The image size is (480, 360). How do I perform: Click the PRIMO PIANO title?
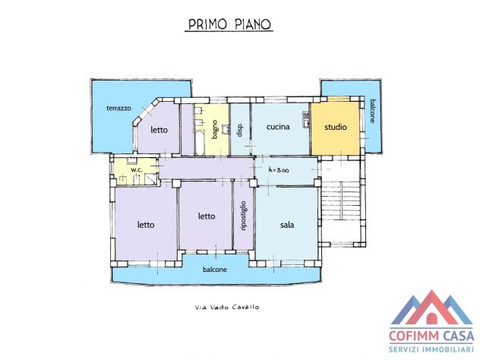229,24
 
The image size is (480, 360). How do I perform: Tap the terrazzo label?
118,108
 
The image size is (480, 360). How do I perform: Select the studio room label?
336,127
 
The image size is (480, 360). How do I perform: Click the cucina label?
278,127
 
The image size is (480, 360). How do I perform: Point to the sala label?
287,225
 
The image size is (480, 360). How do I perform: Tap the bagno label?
215,129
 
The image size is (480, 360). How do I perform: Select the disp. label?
240,130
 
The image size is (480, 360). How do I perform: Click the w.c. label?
137,170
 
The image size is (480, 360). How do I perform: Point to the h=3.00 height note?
278,170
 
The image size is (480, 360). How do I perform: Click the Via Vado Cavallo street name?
227,307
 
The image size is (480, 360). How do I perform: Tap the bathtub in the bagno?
200,142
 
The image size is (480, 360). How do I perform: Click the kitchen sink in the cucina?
306,119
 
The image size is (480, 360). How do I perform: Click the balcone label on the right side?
372,111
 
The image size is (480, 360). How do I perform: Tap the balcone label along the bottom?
215,270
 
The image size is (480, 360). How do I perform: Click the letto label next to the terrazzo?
159,130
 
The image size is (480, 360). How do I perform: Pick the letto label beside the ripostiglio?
207,216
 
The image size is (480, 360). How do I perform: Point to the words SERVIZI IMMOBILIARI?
431,349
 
